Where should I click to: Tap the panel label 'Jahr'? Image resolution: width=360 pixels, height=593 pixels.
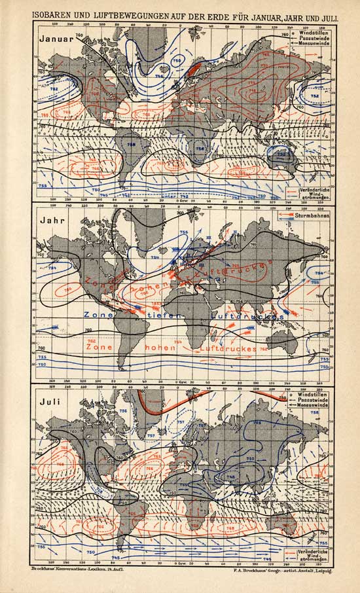coord(51,220)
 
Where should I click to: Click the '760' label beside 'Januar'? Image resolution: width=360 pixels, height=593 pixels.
coord(80,35)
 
